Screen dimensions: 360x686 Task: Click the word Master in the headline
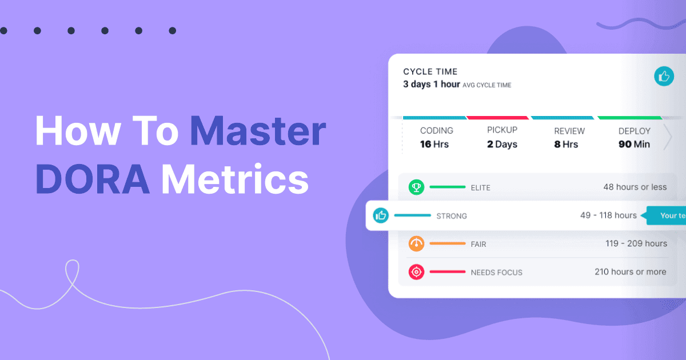258,131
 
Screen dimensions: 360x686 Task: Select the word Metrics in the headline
235,178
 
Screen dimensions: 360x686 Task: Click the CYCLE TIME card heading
430,72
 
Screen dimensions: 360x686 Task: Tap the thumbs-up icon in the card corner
664,76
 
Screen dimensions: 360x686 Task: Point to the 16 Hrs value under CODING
434,145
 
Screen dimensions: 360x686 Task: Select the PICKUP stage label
502,130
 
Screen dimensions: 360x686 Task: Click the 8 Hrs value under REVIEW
565,145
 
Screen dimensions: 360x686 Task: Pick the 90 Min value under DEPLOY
634,145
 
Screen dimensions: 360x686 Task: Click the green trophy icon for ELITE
416,187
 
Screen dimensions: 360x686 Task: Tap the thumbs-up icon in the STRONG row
381,215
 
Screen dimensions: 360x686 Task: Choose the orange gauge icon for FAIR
416,243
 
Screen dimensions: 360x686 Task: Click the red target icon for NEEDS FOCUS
416,272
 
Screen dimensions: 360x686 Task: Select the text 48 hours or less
635,187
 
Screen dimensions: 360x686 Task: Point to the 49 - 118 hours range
608,215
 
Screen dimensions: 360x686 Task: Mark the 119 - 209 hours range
636,243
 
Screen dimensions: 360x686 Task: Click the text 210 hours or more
631,272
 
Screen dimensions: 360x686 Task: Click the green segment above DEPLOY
629,118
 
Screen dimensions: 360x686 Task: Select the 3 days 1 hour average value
431,85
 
